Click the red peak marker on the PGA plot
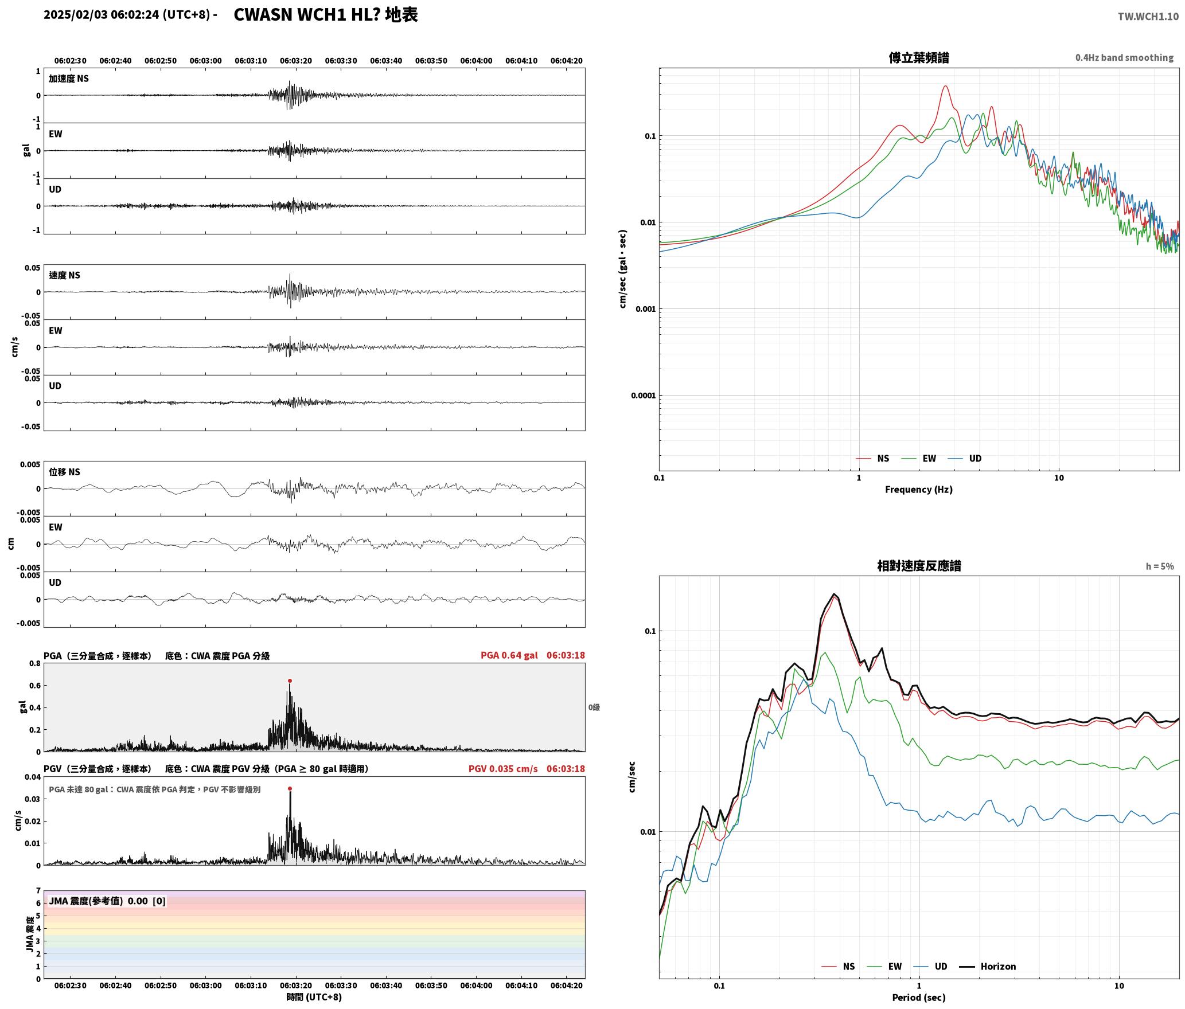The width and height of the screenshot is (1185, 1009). click(x=290, y=681)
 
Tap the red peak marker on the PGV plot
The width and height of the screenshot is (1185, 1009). click(x=290, y=789)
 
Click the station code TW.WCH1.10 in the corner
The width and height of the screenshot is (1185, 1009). click(x=1148, y=17)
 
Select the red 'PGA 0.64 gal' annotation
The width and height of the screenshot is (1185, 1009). click(x=509, y=655)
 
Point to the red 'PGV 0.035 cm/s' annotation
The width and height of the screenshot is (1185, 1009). click(x=503, y=769)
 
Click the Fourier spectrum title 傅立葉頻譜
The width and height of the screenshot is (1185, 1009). click(x=919, y=57)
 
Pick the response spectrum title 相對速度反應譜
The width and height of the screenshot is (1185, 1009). click(x=919, y=566)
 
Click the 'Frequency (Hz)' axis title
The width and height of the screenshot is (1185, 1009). click(x=919, y=490)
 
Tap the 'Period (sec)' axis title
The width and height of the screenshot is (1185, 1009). click(x=919, y=998)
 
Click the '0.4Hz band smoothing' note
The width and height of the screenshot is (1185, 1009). click(x=1124, y=58)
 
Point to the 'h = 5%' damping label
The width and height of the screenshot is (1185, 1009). click(x=1160, y=566)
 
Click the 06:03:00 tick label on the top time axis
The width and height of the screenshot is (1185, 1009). click(x=205, y=61)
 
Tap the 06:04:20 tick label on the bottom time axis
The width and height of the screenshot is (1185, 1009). click(x=567, y=985)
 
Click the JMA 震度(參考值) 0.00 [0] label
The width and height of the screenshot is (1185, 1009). click(x=107, y=901)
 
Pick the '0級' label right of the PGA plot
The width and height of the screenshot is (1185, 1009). click(x=594, y=707)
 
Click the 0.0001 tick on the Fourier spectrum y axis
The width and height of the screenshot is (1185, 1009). click(x=643, y=396)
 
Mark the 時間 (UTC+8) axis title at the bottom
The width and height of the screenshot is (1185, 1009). click(x=314, y=998)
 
